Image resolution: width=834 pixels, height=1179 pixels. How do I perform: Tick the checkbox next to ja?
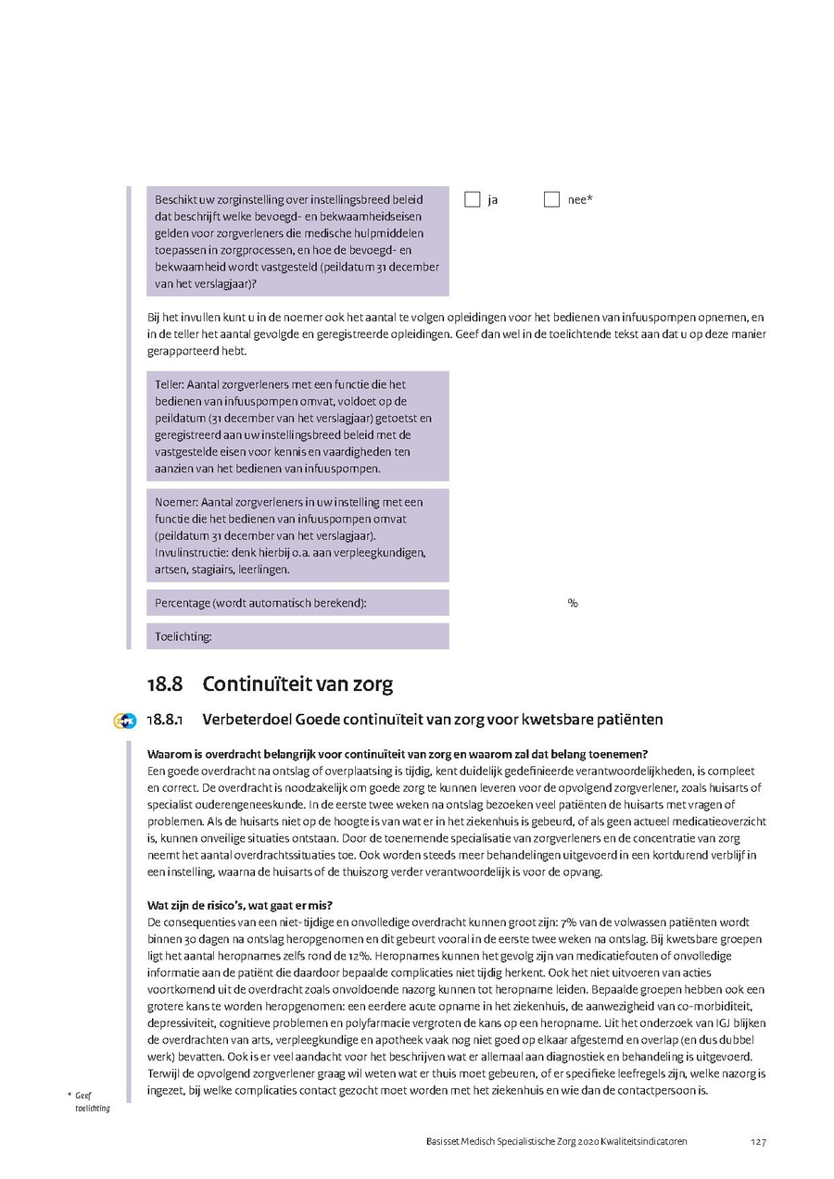[473, 199]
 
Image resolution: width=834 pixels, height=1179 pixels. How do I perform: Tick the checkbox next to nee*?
[551, 199]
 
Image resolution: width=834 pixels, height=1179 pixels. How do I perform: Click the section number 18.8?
[164, 684]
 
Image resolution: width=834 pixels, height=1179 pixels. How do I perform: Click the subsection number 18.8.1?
[168, 720]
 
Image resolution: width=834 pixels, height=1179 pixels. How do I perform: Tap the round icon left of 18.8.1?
[124, 721]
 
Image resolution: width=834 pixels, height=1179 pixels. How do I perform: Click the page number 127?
[758, 1142]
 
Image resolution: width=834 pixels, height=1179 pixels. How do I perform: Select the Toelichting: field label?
[183, 636]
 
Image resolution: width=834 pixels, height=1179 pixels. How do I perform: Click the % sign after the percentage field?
[573, 603]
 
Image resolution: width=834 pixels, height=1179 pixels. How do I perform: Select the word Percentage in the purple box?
[182, 603]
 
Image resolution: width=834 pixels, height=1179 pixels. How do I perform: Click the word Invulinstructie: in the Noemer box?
[191, 553]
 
